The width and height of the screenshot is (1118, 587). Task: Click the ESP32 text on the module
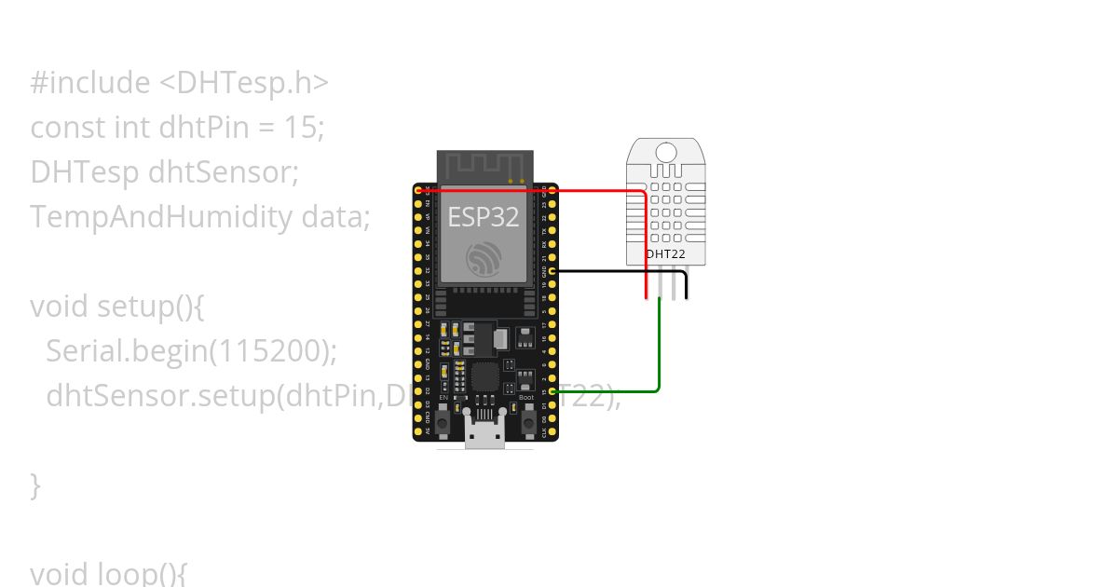484,216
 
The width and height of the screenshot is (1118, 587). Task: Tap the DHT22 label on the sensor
665,253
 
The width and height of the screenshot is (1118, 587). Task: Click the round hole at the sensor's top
665,152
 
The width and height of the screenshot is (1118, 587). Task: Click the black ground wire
615,271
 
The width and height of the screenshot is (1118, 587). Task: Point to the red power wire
596,190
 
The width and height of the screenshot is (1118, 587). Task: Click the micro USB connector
485,436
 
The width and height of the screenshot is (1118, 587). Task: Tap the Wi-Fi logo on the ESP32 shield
484,257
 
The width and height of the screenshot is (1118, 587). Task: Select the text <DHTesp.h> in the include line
244,83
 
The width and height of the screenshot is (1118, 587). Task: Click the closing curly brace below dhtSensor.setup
35,485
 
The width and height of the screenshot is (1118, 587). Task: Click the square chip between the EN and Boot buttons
485,377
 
